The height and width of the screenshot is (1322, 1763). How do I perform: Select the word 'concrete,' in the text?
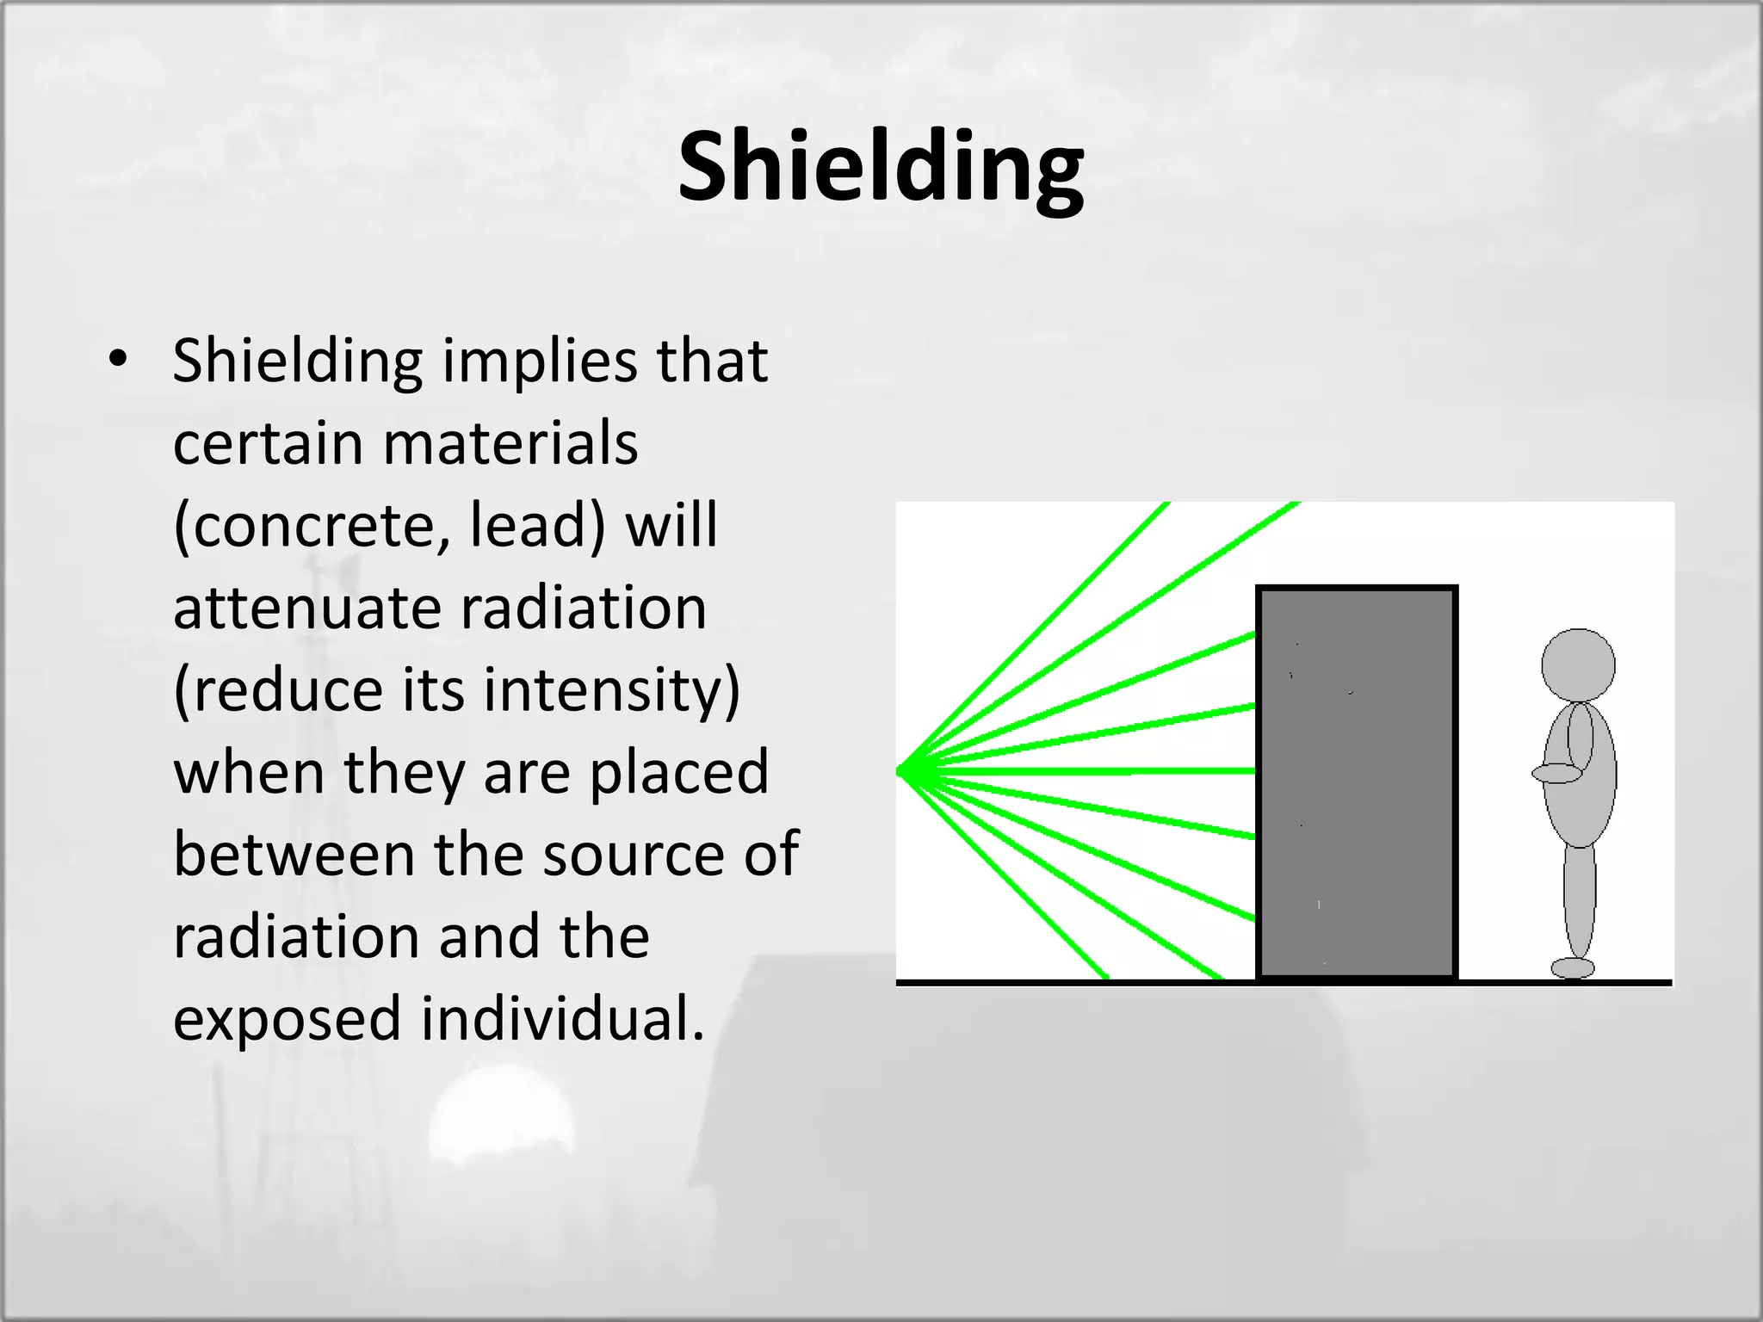point(312,525)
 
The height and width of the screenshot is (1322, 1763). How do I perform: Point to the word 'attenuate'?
point(306,608)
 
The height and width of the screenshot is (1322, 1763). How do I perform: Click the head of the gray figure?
point(1577,664)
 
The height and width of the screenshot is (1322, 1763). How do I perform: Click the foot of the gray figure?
point(1572,968)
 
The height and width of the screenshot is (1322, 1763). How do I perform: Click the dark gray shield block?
point(1357,783)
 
